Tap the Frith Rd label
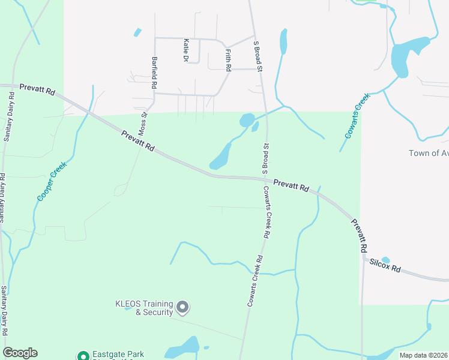[x=228, y=61]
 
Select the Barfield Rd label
[x=154, y=73]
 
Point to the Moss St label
[x=143, y=123]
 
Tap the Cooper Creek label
[x=50, y=182]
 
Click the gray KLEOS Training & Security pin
[x=184, y=308]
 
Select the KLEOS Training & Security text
[x=144, y=308]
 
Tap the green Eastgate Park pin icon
[x=82, y=356]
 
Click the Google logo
[x=20, y=353]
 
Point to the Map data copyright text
[x=424, y=355]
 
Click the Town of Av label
[x=428, y=153]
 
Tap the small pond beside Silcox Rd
[x=385, y=260]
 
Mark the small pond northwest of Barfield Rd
[x=137, y=32]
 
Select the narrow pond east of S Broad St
[x=283, y=41]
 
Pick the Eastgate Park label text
[x=118, y=355]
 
